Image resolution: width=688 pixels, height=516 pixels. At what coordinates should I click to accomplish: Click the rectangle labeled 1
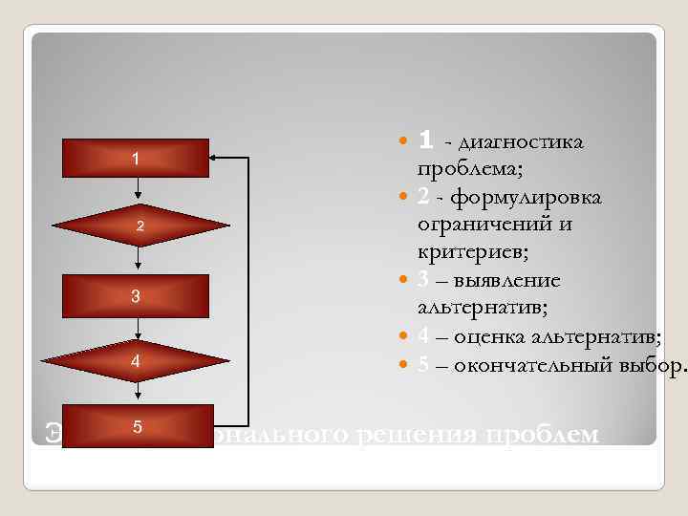click(x=135, y=158)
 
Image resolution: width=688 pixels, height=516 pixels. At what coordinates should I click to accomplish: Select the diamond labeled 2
click(x=140, y=226)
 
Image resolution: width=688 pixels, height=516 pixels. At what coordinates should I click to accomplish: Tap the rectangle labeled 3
click(x=135, y=296)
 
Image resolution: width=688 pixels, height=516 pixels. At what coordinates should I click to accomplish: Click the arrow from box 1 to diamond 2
click(x=140, y=191)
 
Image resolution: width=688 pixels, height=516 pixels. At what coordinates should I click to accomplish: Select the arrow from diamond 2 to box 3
click(x=140, y=259)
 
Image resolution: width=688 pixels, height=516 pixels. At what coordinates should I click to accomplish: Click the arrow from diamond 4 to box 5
click(x=140, y=392)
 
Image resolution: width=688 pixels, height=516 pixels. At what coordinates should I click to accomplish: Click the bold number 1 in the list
click(x=426, y=141)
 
